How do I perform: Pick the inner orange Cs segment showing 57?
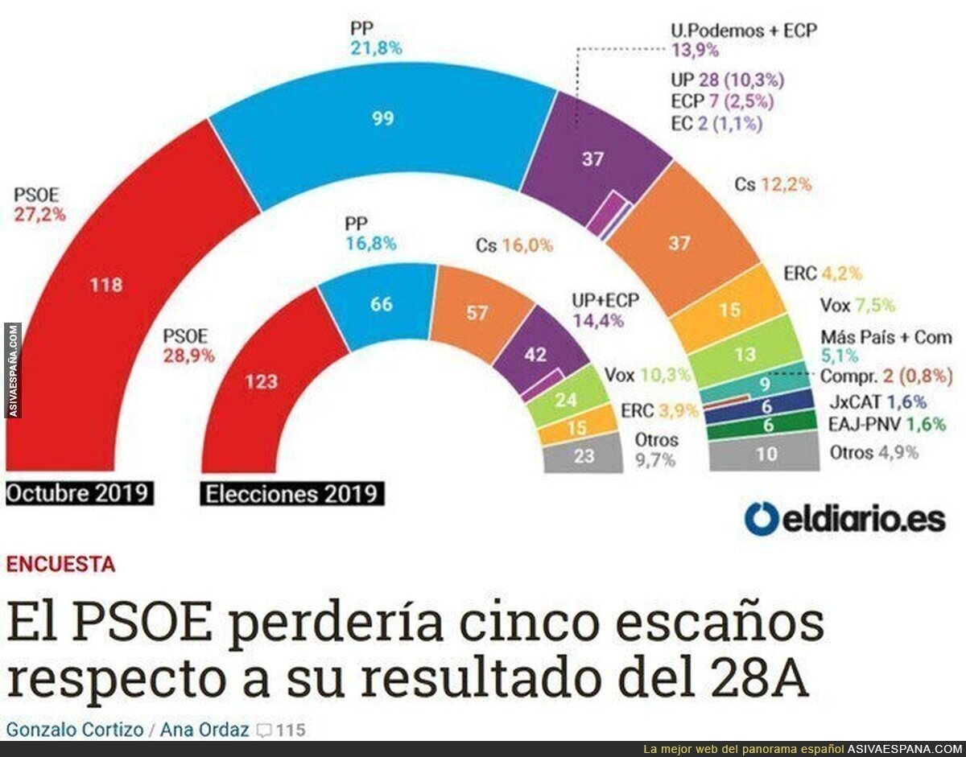point(477,312)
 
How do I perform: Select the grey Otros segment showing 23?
point(584,457)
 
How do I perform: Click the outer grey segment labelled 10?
point(766,454)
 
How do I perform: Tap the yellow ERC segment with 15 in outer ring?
point(729,310)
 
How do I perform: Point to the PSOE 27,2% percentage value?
point(39,215)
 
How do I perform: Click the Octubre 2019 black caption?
point(79,492)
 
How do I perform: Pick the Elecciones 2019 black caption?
point(292,493)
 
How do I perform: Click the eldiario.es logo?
point(844,519)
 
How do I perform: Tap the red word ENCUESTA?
point(60,564)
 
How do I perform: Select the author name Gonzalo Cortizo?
point(73,730)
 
